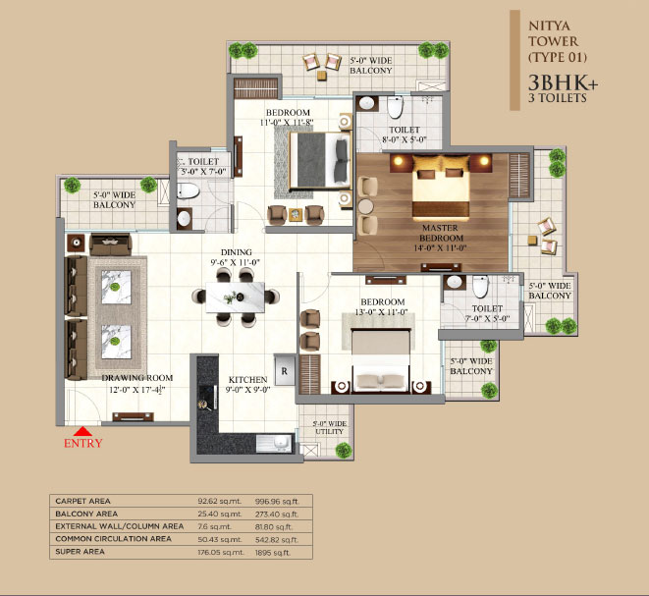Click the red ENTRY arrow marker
(x=82, y=431)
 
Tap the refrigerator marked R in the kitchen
(x=285, y=370)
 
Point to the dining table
(x=235, y=298)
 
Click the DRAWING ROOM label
(x=137, y=378)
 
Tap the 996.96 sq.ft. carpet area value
(x=277, y=501)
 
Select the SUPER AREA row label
(x=80, y=552)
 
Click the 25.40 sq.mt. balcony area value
(x=219, y=515)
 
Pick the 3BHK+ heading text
(x=563, y=83)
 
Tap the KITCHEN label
(x=248, y=380)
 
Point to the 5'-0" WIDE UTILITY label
(x=330, y=427)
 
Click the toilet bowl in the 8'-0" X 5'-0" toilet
(x=396, y=107)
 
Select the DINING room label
(x=236, y=252)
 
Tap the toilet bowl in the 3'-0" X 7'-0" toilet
(x=189, y=191)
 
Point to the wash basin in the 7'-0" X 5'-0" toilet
(x=455, y=282)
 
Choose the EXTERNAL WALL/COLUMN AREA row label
(x=120, y=526)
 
